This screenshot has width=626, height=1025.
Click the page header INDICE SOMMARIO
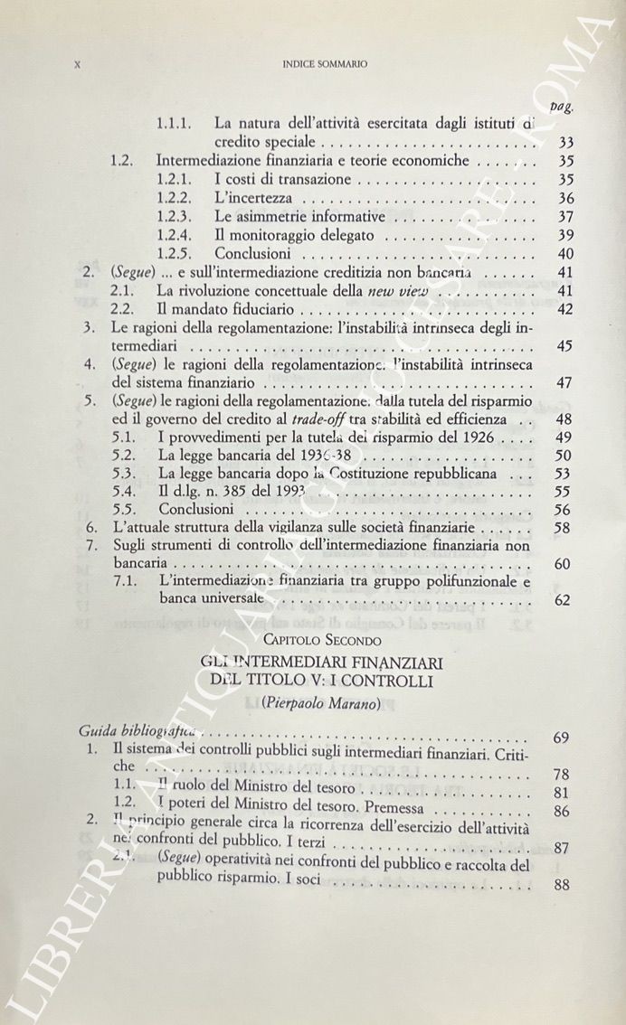click(324, 64)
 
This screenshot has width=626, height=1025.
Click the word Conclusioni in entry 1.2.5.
click(252, 254)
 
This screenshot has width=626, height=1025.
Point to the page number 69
click(561, 738)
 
